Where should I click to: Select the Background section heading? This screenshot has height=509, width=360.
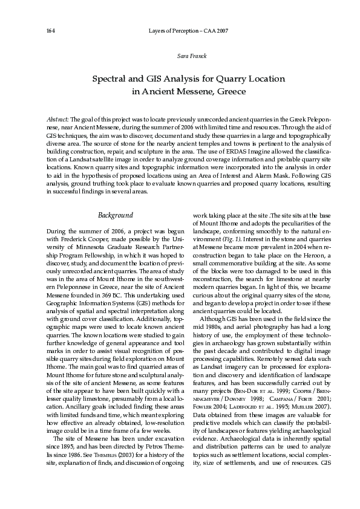pos(116,215)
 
